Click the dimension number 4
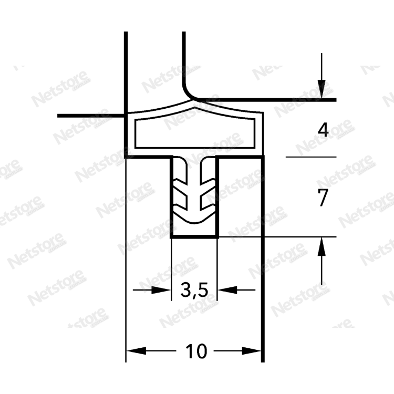pyautogui.click(x=323, y=130)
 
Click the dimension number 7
pyautogui.click(x=323, y=198)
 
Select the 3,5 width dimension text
pyautogui.click(x=194, y=290)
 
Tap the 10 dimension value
pyautogui.click(x=196, y=351)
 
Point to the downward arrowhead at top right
pyautogui.click(x=322, y=89)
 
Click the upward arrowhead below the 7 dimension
pyautogui.click(x=322, y=246)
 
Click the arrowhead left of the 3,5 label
pyautogui.click(x=161, y=290)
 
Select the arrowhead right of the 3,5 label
pyautogui.click(x=227, y=290)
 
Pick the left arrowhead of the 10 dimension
pyautogui.click(x=136, y=351)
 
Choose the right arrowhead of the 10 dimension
pyautogui.click(x=252, y=351)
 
